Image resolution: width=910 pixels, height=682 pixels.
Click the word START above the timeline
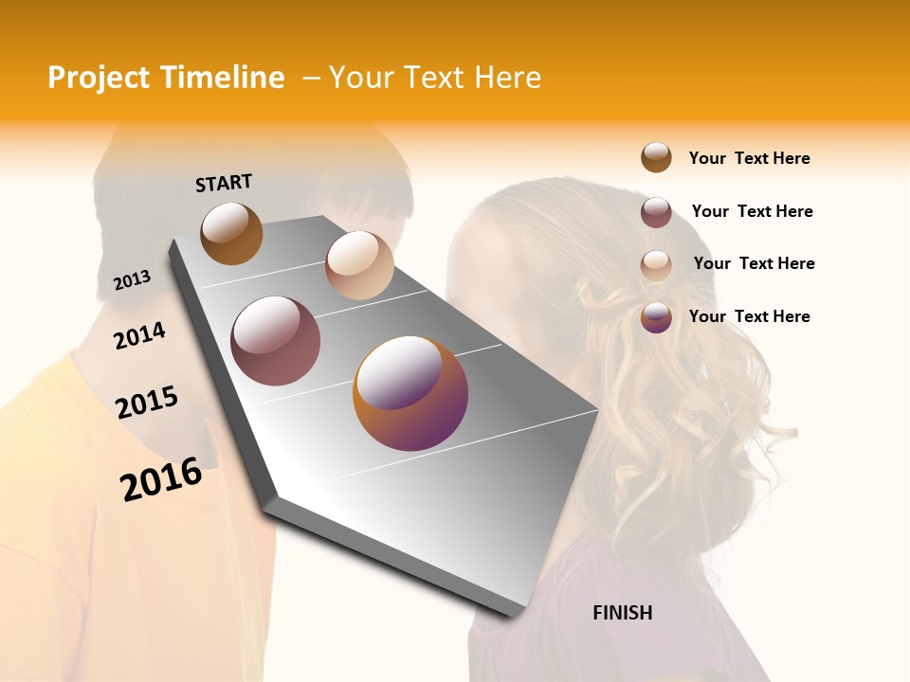[224, 183]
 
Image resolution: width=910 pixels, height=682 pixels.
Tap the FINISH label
[622, 613]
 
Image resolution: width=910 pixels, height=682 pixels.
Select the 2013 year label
[132, 280]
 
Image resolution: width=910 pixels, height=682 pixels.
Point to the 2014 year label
[139, 335]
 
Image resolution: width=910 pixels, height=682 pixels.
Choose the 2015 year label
[147, 403]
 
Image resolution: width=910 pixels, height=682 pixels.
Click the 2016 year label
[161, 478]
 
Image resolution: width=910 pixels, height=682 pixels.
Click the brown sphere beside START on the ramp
[231, 233]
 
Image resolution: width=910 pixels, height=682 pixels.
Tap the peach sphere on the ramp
[359, 265]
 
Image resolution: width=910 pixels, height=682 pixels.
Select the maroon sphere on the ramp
[276, 341]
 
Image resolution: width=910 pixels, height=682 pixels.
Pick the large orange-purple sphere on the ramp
[410, 393]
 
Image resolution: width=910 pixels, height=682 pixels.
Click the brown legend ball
[656, 157]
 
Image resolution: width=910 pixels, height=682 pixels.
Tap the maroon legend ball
[656, 212]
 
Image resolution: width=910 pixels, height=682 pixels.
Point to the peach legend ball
[656, 265]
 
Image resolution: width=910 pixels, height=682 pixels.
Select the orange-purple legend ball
[656, 317]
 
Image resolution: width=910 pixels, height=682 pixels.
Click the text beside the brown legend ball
[749, 158]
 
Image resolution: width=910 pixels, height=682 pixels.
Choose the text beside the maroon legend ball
[752, 211]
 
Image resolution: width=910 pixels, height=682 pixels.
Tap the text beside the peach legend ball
[754, 263]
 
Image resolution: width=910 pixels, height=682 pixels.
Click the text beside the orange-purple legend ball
[749, 316]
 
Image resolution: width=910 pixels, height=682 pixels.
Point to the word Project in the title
[100, 78]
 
